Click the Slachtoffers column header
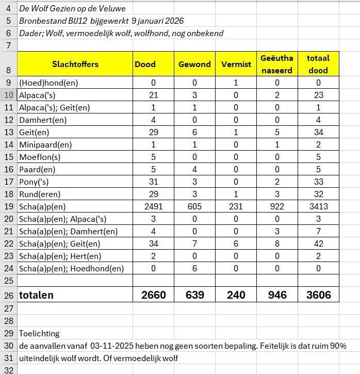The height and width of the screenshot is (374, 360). (x=75, y=64)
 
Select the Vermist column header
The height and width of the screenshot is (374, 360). (x=236, y=64)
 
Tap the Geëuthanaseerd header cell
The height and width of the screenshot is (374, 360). (x=276, y=64)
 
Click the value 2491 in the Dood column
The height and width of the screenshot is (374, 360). (x=153, y=207)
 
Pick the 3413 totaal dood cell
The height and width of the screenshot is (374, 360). (x=318, y=207)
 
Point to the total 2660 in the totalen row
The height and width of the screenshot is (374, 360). (x=153, y=295)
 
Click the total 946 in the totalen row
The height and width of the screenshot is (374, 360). (x=276, y=295)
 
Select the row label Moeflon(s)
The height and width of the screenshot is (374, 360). (x=40, y=157)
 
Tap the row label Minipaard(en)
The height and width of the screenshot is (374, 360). (x=45, y=144)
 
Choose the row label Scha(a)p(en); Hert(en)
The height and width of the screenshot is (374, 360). (x=60, y=256)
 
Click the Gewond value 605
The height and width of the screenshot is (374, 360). (x=194, y=207)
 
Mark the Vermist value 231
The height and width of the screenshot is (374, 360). (x=236, y=207)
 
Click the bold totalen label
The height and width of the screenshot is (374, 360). (x=36, y=295)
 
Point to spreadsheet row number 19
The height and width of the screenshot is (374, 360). (x=8, y=207)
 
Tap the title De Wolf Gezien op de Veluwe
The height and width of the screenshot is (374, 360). (x=72, y=9)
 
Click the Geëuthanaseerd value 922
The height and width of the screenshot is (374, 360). (x=276, y=207)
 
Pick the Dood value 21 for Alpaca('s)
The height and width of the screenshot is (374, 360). (x=153, y=95)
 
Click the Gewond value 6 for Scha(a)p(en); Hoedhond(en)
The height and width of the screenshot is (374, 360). (x=194, y=268)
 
